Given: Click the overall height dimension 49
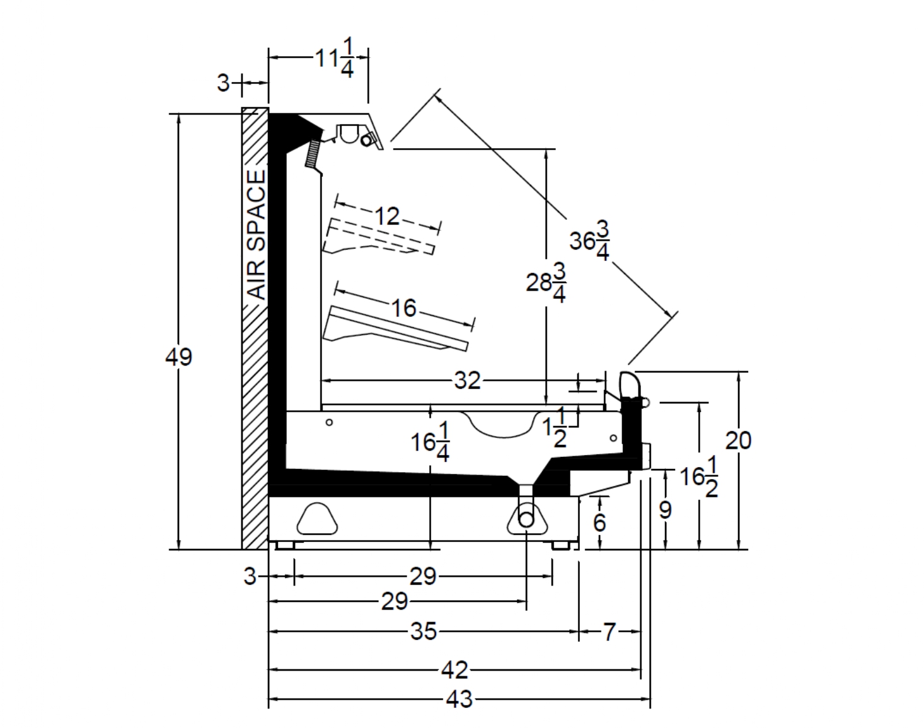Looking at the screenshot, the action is [178, 357].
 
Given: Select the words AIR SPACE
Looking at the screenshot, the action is [257, 235].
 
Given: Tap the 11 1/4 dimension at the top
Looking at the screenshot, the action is [335, 58].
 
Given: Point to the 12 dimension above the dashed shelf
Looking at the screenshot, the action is [387, 216].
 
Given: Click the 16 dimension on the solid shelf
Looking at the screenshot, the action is [403, 308].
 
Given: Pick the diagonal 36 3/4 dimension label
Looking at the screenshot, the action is [590, 241].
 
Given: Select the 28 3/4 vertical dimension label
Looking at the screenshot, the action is [546, 282].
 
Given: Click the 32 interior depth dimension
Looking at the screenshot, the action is [467, 381].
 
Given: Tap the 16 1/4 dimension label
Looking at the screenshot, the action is [430, 442].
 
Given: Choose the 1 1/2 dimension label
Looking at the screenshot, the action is [554, 427].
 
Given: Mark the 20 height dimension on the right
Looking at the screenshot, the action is [738, 441].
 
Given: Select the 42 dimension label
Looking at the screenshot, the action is [454, 670].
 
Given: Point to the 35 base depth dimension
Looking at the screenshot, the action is [424, 632].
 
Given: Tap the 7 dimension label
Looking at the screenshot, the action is [609, 632].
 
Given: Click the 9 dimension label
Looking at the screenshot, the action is [665, 511].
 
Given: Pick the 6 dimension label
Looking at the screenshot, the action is [599, 523].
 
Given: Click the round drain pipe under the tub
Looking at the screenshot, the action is [526, 520].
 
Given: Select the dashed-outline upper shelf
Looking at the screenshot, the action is [379, 236].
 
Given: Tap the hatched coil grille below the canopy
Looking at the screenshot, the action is [313, 154].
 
